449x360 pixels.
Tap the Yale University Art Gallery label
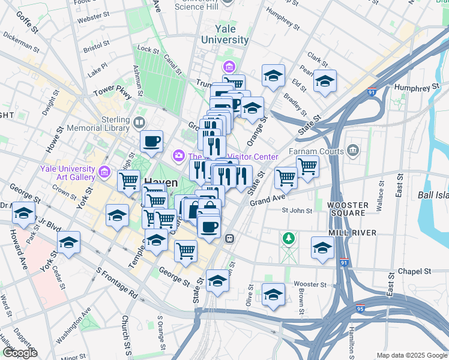tap(68, 173)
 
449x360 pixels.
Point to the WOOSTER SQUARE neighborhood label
tap(348, 209)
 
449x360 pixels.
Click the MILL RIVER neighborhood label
tap(352, 232)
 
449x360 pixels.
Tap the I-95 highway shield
tap(360, 306)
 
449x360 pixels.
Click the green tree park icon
tap(289, 239)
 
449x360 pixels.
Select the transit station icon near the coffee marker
tap(229, 238)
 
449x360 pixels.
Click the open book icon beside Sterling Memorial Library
tap(139, 123)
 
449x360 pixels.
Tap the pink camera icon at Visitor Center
tap(179, 157)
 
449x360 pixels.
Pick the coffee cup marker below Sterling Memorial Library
tap(151, 142)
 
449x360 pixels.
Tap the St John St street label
tap(297, 211)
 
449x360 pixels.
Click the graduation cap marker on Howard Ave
tap(23, 213)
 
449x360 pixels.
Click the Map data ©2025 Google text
tap(411, 355)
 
